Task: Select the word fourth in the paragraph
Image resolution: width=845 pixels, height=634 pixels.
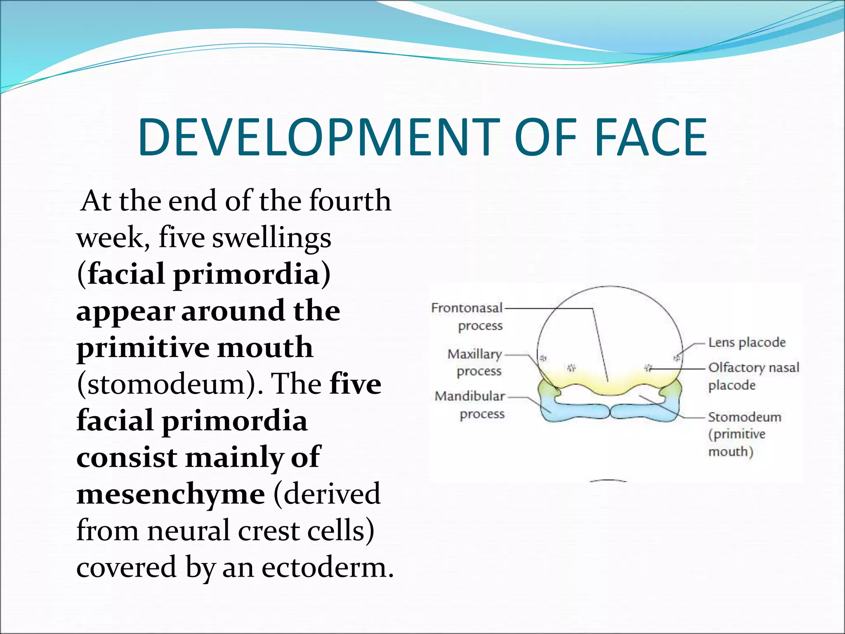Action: (350, 201)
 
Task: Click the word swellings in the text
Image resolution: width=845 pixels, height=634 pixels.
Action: (271, 238)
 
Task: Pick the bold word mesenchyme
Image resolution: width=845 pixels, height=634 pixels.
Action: (170, 494)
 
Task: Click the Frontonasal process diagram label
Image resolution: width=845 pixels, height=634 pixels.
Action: (467, 317)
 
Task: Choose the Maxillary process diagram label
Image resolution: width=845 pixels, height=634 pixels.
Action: (475, 362)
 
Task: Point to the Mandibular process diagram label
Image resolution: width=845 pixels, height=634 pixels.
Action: (470, 405)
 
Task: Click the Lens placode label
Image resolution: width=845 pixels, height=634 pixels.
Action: (747, 342)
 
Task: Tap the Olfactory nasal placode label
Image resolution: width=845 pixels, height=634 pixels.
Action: (753, 376)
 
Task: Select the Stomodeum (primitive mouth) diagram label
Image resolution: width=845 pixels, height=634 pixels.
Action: (744, 434)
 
